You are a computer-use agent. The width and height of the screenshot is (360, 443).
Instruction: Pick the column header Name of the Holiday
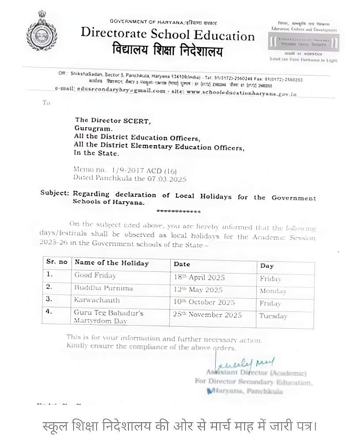tap(112, 263)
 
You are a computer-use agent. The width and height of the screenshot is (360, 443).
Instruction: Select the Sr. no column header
tap(57, 262)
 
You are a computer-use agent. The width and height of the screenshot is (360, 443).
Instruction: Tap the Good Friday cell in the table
tap(95, 275)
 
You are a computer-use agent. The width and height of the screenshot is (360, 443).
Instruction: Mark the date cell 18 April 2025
tap(199, 278)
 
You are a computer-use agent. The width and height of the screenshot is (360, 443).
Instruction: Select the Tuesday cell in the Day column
tap(273, 316)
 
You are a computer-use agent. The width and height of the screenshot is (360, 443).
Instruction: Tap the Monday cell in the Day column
tap(273, 291)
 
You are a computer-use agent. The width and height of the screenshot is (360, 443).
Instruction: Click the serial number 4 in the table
tap(49, 311)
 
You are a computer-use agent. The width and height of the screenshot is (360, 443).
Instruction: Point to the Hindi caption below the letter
tap(180, 427)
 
